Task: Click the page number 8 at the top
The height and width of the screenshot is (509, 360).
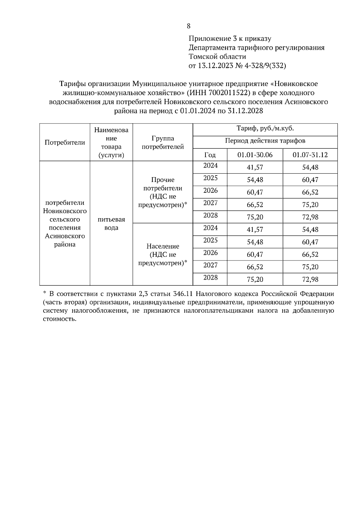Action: [x=188, y=26]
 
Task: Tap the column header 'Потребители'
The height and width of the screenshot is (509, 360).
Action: [x=65, y=142]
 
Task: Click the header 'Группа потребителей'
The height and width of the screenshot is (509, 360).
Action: [x=163, y=143]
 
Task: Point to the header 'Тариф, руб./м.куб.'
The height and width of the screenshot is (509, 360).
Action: [x=265, y=129]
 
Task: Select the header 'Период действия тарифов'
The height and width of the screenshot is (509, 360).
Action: [x=265, y=141]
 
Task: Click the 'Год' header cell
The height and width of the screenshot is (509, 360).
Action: [x=210, y=155]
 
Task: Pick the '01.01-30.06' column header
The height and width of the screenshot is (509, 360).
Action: [x=255, y=155]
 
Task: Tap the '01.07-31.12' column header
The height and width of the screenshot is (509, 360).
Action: [x=310, y=155]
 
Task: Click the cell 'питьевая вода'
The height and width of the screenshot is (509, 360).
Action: [x=111, y=223]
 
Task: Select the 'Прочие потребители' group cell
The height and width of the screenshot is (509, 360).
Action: [x=163, y=192]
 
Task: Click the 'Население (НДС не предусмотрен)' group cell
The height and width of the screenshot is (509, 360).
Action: [x=163, y=255]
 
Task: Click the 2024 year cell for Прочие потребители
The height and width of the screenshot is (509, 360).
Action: [x=210, y=165]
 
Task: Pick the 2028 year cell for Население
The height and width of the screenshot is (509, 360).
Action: [x=210, y=278]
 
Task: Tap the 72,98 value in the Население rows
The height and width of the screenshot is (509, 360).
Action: [x=310, y=279]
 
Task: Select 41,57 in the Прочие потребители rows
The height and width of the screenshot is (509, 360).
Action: [x=255, y=167]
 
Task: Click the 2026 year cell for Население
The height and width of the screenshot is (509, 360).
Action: [x=210, y=253]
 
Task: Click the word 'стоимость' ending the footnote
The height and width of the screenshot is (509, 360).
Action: [x=58, y=319]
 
